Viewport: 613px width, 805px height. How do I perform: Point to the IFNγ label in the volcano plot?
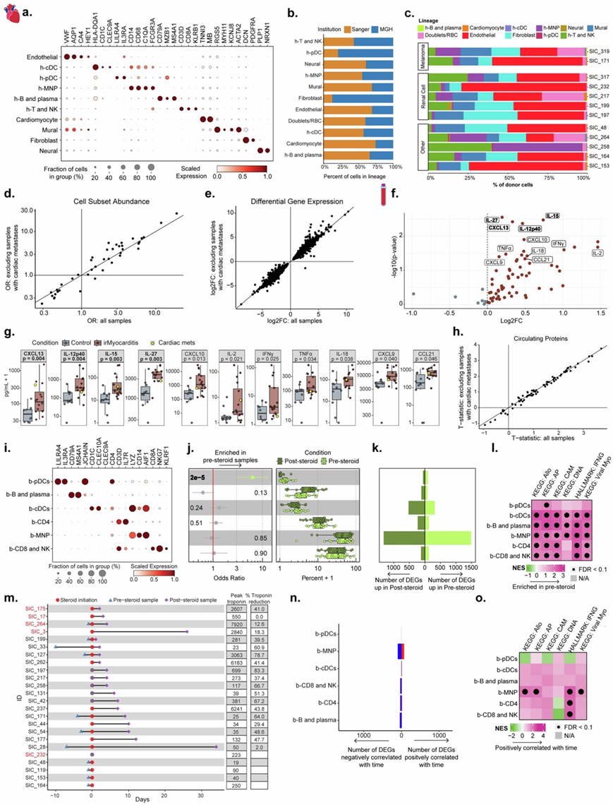(557, 243)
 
